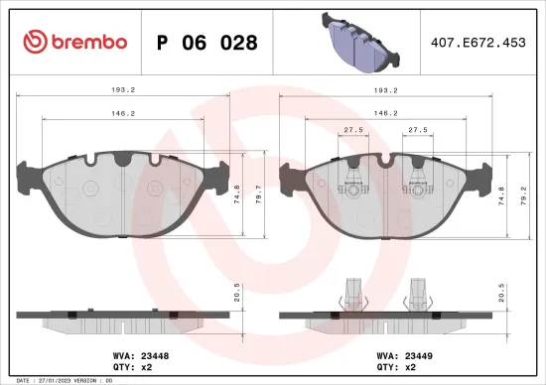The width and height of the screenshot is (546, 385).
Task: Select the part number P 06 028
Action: [207, 43]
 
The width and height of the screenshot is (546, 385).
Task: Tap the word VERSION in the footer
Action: [85, 380]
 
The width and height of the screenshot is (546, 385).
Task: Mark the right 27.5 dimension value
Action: [418, 130]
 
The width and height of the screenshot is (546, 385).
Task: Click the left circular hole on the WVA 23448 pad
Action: [89, 188]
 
